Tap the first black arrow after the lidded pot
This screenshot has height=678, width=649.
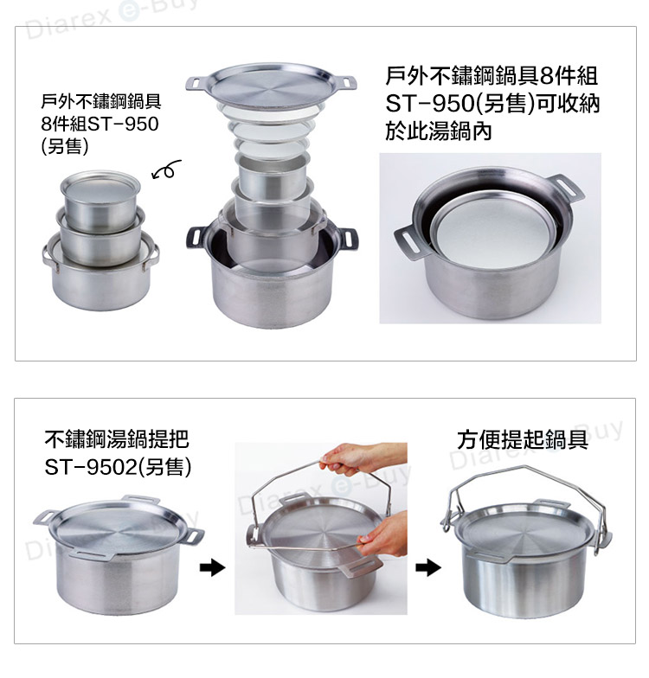coord(213,567)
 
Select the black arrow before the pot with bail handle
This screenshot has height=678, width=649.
coord(428,567)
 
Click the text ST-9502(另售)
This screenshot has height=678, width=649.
coord(118,467)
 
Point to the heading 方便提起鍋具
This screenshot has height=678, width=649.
coord(523,439)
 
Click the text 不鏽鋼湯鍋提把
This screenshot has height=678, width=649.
coord(117,439)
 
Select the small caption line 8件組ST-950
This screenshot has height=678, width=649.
coord(100,124)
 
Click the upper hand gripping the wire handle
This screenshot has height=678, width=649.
coord(363,458)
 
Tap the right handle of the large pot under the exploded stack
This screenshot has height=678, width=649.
coord(347,239)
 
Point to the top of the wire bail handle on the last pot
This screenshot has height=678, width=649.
coord(524,467)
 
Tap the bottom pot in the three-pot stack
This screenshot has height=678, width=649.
coord(100,277)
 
